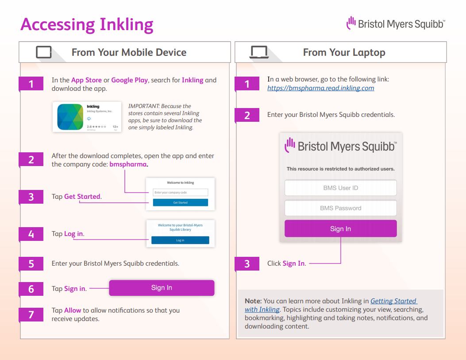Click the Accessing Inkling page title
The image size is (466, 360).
click(x=87, y=24)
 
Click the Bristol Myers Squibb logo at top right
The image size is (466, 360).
click(x=395, y=23)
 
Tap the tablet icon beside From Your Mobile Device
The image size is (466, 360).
click(x=44, y=52)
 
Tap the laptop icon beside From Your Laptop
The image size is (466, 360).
click(x=259, y=52)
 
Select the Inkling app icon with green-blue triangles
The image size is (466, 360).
click(x=70, y=117)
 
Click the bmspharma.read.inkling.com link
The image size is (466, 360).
click(x=320, y=88)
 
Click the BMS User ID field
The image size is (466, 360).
click(x=340, y=188)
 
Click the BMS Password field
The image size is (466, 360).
click(x=340, y=208)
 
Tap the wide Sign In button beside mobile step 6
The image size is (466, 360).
click(x=162, y=288)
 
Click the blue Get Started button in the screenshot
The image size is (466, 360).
click(x=180, y=202)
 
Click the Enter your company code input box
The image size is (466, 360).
click(x=180, y=193)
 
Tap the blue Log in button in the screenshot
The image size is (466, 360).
click(x=180, y=240)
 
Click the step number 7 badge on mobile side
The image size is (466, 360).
click(x=31, y=314)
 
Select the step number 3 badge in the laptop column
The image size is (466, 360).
click(x=247, y=264)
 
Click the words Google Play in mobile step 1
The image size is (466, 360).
click(x=129, y=80)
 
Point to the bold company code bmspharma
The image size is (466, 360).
click(x=128, y=164)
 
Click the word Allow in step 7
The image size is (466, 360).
click(x=73, y=310)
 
